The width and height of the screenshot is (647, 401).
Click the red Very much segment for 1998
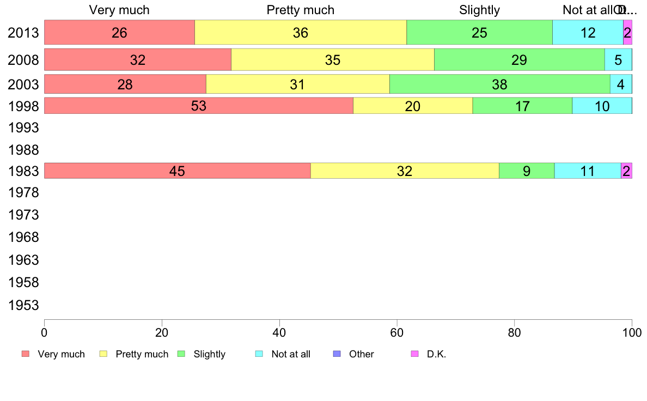pos(198,106)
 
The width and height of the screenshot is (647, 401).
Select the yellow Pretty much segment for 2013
pos(300,33)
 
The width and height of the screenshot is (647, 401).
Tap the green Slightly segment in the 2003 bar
pos(499,84)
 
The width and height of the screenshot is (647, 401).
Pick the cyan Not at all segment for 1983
pos(587,171)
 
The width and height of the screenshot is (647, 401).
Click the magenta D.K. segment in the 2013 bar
pos(627,33)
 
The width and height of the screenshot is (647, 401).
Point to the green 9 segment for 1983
pos(526,171)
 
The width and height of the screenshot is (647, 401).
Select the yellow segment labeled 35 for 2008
pos(332,60)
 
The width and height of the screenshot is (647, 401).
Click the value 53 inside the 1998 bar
pos(199,106)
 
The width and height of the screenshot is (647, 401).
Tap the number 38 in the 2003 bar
pos(499,84)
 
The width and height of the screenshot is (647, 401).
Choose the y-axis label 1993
pos(23,128)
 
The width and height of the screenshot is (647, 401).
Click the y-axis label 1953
pos(23,305)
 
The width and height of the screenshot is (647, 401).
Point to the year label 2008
pos(23,60)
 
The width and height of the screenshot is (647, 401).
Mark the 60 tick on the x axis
pos(397,332)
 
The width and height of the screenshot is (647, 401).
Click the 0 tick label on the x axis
pos(44,332)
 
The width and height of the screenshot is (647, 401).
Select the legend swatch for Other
pos(337,354)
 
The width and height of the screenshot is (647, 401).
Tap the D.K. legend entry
pos(436,354)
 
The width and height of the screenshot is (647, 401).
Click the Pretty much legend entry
pos(142,354)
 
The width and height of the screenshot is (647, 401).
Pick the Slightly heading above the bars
pos(479,10)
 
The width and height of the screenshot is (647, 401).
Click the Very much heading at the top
pos(119,10)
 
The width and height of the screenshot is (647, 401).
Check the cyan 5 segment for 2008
pos(618,60)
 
